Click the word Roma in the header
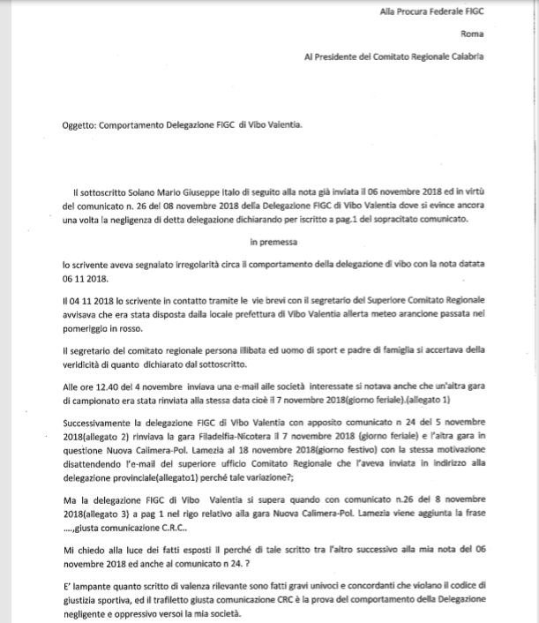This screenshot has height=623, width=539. pyautogui.click(x=475, y=35)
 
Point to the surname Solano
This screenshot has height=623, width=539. pyautogui.click(x=146, y=191)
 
